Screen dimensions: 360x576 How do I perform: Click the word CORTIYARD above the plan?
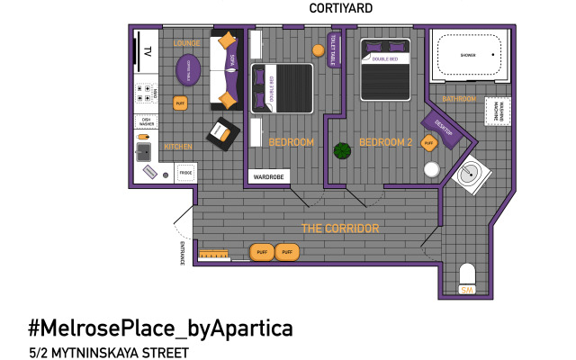tap(340, 8)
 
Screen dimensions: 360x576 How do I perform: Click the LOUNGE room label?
tap(187, 43)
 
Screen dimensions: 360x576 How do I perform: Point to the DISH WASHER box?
tap(147, 121)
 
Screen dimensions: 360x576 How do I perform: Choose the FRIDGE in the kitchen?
tap(185, 173)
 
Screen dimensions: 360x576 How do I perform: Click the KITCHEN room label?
tap(177, 147)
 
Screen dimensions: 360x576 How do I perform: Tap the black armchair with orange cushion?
tap(221, 134)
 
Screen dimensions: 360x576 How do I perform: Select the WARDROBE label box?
tap(267, 177)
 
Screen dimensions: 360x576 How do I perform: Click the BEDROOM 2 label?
tap(384, 142)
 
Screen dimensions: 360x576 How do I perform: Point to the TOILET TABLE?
tap(333, 50)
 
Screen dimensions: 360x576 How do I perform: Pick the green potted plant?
tap(342, 150)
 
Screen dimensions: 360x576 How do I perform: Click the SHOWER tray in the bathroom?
tap(468, 56)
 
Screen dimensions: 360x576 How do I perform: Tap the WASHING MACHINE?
tap(498, 112)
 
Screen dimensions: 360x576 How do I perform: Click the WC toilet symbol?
tap(466, 278)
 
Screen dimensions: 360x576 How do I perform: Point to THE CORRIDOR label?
tap(339, 229)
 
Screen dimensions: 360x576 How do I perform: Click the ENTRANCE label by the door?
tap(182, 253)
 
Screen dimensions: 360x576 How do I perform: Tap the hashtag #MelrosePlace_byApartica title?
tap(160, 326)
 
